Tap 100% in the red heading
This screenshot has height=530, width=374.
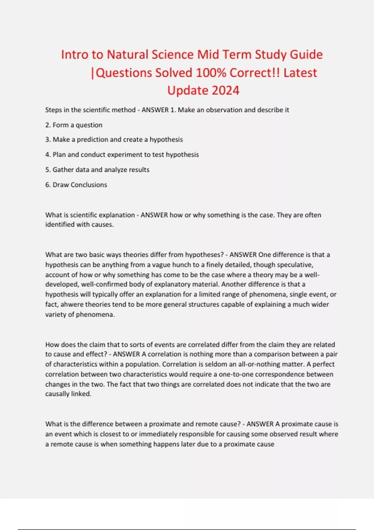[x=211, y=73]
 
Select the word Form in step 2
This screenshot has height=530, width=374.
[x=60, y=125]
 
